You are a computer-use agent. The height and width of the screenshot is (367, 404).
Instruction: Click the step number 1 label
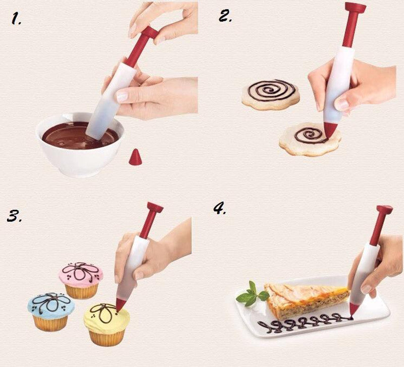click(17, 19)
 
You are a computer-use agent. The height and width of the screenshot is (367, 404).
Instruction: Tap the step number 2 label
click(225, 16)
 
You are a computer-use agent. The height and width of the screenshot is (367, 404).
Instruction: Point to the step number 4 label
click(220, 209)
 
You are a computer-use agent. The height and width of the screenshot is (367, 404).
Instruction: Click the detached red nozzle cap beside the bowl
click(135, 157)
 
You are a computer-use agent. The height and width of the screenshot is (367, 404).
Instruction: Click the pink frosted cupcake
click(81, 281)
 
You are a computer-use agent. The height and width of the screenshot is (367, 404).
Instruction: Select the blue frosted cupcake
click(51, 311)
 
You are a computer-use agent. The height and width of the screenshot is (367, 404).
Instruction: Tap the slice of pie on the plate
click(307, 301)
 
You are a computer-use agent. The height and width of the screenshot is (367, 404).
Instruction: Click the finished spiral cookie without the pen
click(271, 95)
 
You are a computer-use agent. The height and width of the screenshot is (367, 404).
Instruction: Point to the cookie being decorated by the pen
click(310, 140)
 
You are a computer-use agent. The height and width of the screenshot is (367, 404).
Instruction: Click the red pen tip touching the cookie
click(330, 130)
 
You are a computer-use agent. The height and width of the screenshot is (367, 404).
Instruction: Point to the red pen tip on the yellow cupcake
click(121, 304)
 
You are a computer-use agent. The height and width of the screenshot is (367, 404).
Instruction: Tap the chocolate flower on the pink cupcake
click(80, 271)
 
